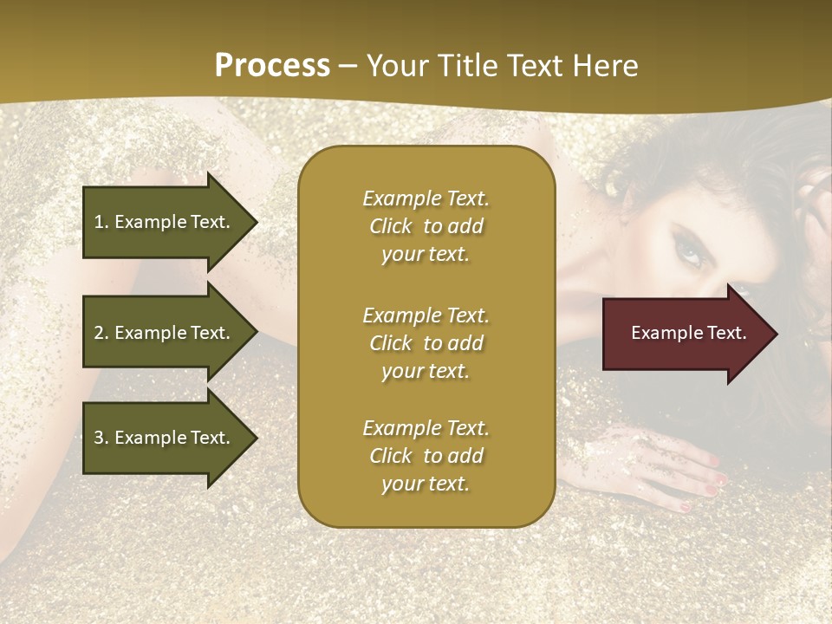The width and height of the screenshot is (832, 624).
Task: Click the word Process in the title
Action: tap(272, 66)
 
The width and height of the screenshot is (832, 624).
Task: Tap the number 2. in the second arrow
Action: tap(101, 333)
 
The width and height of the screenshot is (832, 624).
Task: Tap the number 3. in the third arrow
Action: tap(101, 438)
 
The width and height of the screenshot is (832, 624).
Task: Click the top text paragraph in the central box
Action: tap(426, 226)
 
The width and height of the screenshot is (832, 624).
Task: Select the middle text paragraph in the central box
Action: tap(426, 343)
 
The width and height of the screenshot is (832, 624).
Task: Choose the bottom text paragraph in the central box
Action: tap(426, 456)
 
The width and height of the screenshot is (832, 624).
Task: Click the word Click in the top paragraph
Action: tap(391, 226)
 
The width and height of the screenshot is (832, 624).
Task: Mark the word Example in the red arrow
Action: tap(664, 333)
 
